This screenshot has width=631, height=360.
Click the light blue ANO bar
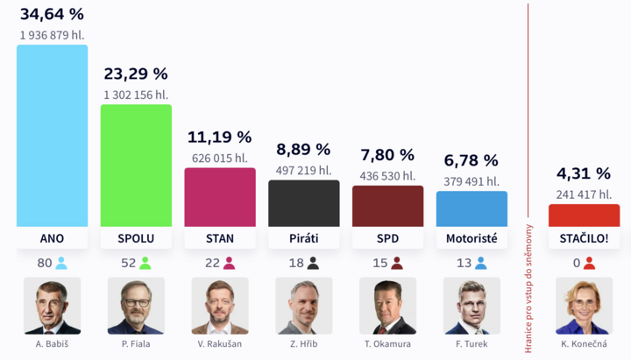pos(52,136)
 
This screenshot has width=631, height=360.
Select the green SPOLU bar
pos(136,166)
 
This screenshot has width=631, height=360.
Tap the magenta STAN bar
pos(220,197)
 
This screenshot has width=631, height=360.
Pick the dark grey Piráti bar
pos(303,203)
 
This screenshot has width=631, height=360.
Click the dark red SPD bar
pos(387,206)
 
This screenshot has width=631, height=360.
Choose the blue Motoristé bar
pos(471,209)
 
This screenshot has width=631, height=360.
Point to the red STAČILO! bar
pos(584,215)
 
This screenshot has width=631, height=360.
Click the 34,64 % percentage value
pos(53,13)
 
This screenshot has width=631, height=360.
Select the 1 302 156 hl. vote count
pos(136,95)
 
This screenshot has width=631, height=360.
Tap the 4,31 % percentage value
pos(584,173)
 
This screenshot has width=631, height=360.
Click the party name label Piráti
pos(303,238)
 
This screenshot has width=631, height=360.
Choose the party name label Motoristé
pos(471,238)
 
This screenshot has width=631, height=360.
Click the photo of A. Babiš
pos(52,306)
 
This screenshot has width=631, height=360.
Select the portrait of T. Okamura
pos(387,306)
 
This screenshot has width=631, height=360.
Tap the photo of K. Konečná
pos(584,306)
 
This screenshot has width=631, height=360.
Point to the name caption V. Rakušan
pos(220,345)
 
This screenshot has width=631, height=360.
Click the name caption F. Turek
pos(471,345)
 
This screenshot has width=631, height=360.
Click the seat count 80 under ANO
pos(44,263)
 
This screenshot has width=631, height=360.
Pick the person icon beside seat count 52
pos(145,263)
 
